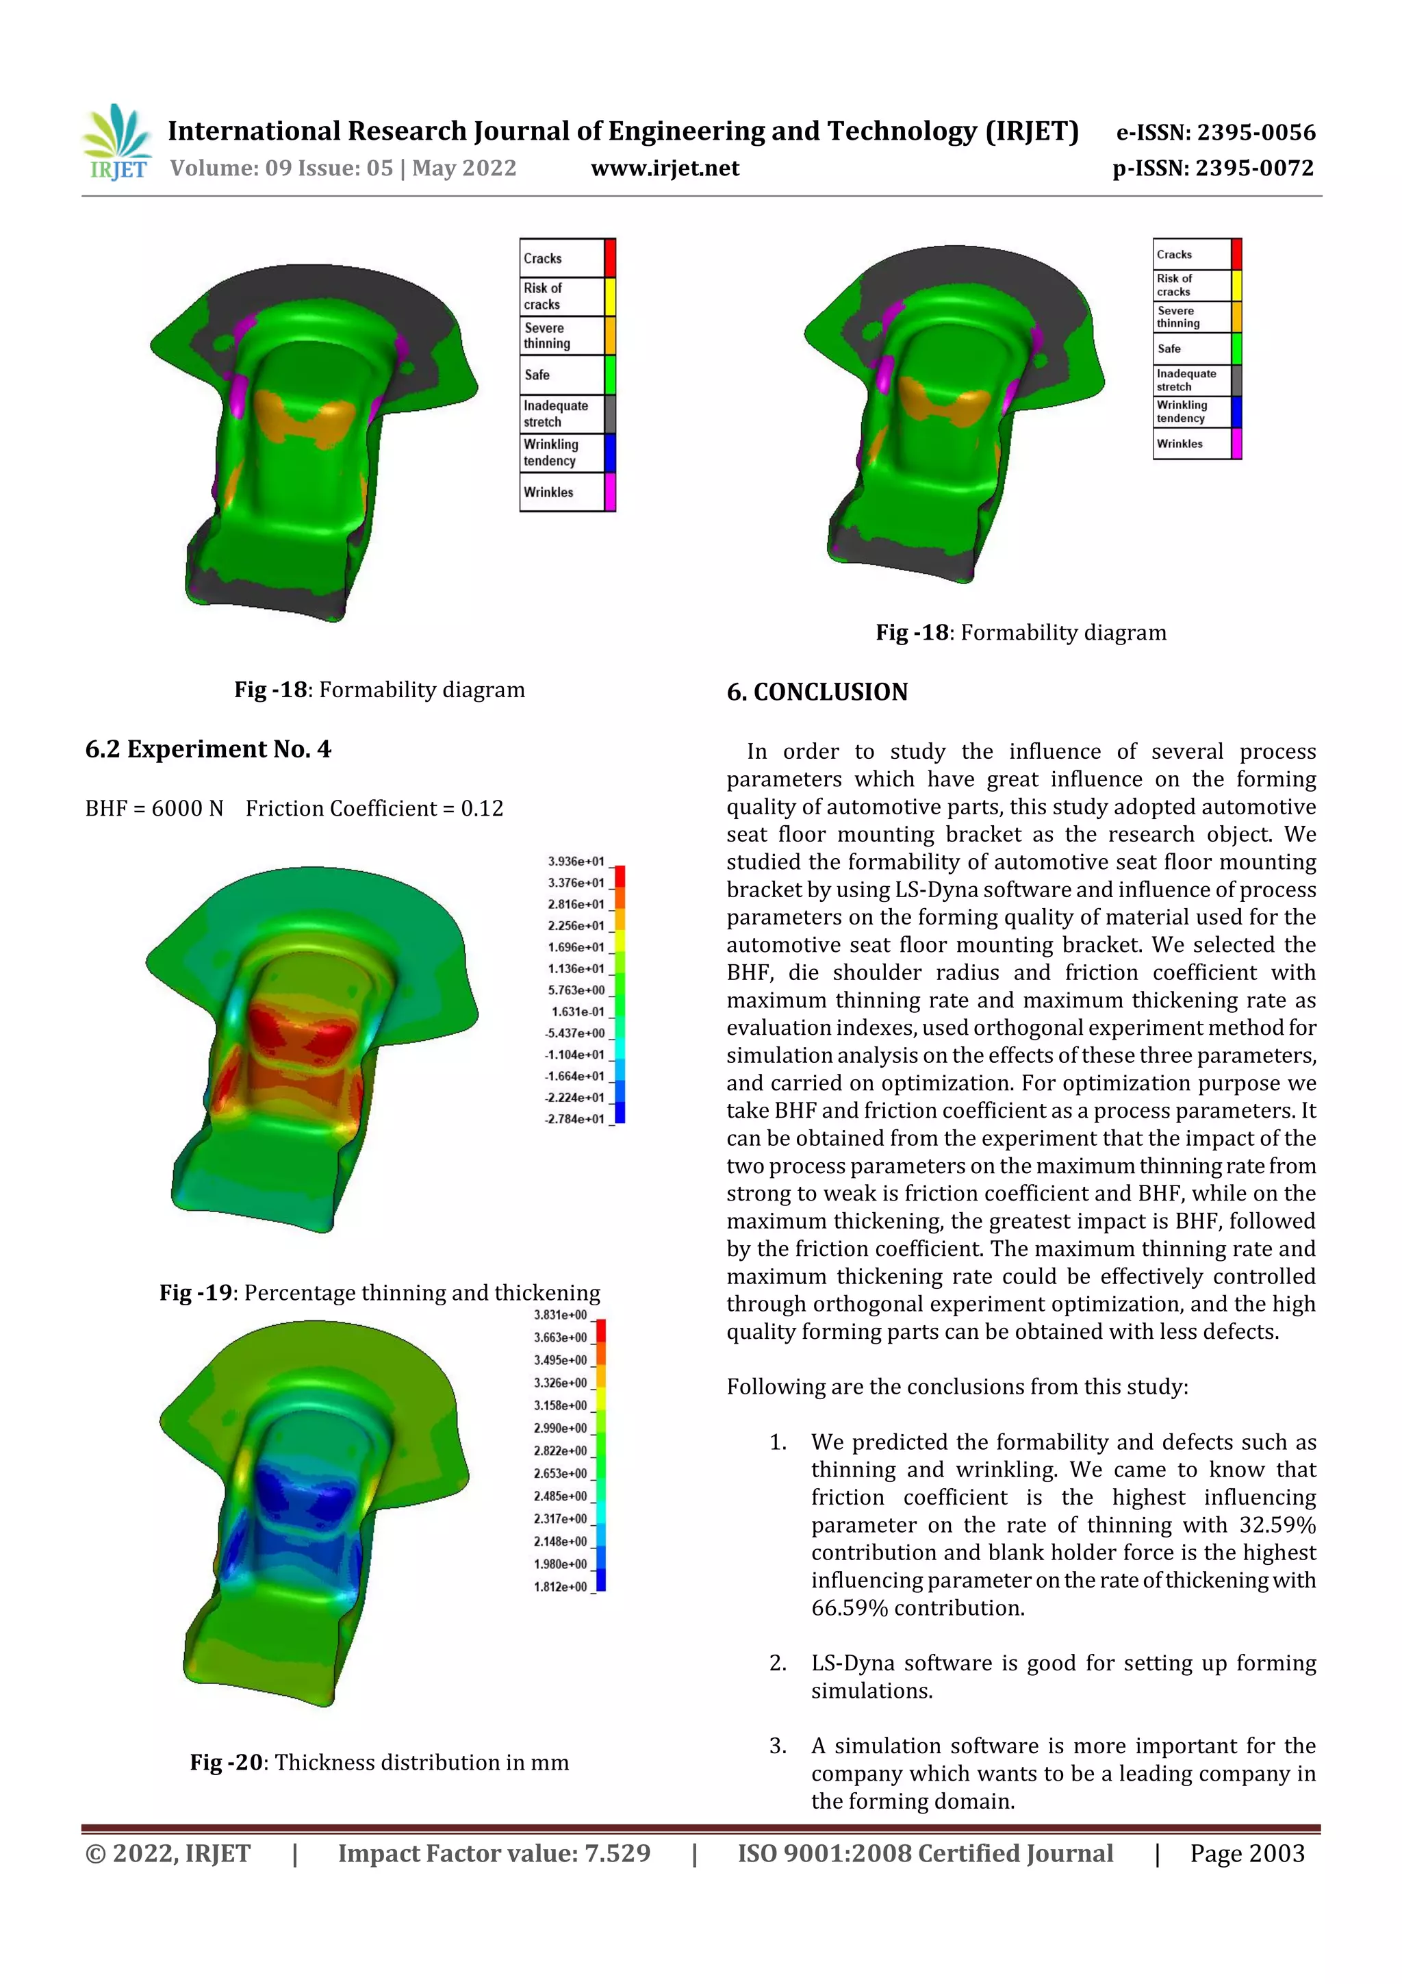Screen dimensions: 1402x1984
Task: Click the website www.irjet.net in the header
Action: tap(664, 168)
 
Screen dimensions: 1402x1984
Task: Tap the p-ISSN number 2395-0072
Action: tap(1254, 168)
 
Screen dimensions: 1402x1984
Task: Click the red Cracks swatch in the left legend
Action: tap(610, 258)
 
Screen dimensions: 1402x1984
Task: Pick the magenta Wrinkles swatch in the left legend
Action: tap(610, 492)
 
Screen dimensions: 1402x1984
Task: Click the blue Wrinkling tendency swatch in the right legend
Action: tap(1236, 412)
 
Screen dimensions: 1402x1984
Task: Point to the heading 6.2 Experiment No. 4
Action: tap(208, 749)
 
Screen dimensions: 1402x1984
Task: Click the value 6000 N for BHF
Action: tap(188, 809)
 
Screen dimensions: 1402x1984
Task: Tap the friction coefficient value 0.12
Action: tap(482, 809)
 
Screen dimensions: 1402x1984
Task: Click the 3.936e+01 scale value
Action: tap(576, 862)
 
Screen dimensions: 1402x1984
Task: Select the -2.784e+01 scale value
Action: tap(574, 1119)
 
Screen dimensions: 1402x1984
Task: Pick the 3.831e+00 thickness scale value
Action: tap(560, 1314)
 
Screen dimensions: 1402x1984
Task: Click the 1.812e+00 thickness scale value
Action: tap(560, 1587)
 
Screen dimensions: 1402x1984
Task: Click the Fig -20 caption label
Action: tap(227, 1763)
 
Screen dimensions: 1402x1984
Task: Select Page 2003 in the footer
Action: tap(1247, 1853)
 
